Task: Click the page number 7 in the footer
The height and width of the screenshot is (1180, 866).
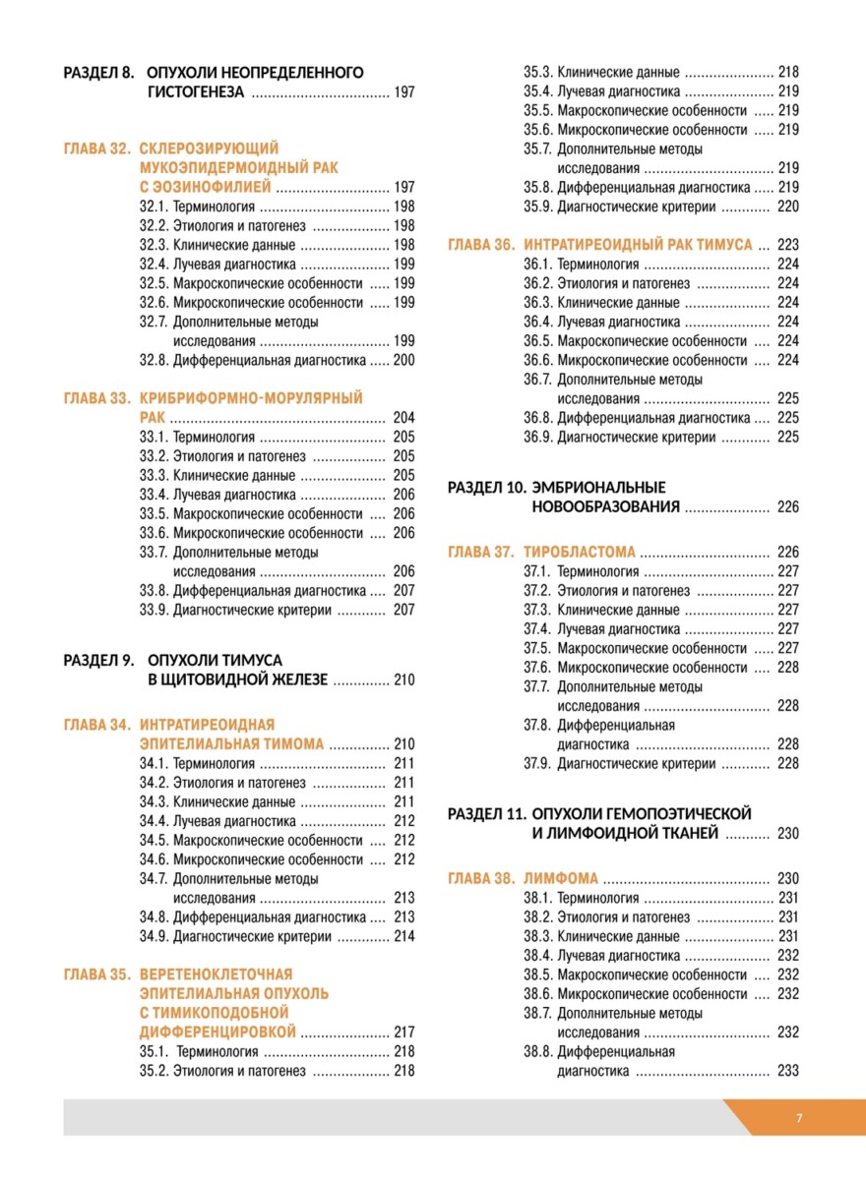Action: coord(799,1118)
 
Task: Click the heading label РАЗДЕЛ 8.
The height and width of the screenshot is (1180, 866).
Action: coord(98,73)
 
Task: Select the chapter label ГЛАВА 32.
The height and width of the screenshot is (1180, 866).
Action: coord(97,148)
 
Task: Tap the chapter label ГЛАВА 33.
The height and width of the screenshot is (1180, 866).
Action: coord(97,398)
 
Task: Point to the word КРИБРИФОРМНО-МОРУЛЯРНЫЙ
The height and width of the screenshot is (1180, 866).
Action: coord(251,398)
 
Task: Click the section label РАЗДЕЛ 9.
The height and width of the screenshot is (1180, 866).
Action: coord(98,660)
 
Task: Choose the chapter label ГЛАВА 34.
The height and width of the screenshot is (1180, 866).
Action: coord(97,725)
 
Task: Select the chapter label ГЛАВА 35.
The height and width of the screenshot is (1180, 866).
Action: coord(97,974)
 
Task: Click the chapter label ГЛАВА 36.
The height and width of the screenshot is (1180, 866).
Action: coord(481,244)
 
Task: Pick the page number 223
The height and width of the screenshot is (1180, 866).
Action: coord(787,245)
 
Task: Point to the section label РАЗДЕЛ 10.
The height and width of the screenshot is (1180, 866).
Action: coord(487,487)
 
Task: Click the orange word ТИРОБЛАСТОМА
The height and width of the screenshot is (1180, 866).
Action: coord(580,552)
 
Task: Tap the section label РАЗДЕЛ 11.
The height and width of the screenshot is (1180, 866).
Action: coord(487,813)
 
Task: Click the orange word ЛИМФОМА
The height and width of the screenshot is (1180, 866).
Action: coord(562,878)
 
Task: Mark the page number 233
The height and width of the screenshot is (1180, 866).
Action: coord(787,1071)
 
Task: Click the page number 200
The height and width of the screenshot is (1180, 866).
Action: coord(403,360)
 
